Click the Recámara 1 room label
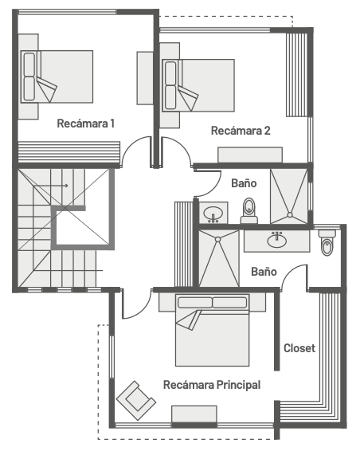86,124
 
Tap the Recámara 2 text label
241,131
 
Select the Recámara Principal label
212,385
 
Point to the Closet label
299,348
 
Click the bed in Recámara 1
57,76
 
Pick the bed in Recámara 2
198,85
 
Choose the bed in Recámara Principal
212,330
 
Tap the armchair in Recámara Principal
136,400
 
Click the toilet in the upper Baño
249,211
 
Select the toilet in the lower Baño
327,242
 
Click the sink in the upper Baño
213,214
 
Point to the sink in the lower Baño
276,240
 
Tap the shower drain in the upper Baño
290,215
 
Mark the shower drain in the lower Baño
217,239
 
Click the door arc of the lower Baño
291,271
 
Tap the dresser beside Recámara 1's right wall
145,78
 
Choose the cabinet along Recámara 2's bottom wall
250,155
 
